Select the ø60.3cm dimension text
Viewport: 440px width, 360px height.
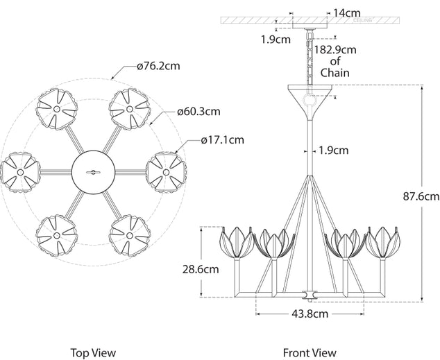tap(198, 111)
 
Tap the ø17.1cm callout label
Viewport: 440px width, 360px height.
tap(222, 139)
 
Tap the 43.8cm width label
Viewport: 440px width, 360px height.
tap(307, 314)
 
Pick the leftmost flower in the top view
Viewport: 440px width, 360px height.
tap(20, 170)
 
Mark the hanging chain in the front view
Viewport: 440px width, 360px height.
tap(307, 58)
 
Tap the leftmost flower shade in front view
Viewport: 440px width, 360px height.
tap(232, 243)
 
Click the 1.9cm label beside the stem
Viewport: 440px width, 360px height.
tap(335, 149)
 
